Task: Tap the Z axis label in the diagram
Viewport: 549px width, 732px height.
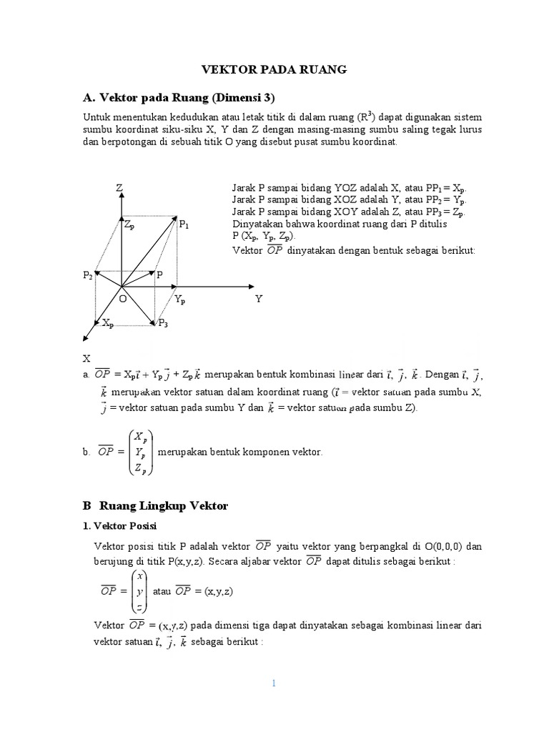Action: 119,187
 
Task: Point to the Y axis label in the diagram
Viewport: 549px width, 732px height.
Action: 259,299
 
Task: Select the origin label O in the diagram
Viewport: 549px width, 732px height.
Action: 122,299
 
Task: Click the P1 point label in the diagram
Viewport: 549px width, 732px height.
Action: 184,225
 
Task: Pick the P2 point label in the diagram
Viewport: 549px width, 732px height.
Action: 87,275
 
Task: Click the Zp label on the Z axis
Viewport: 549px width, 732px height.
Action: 129,225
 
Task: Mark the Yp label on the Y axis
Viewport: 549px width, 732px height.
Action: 179,300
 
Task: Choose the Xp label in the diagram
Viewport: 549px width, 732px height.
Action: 107,324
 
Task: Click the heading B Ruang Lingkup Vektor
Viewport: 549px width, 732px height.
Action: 154,505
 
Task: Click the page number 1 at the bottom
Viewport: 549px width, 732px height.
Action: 274,683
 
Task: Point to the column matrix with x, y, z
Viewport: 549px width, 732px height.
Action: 139,591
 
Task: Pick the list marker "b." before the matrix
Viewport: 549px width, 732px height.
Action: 87,452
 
